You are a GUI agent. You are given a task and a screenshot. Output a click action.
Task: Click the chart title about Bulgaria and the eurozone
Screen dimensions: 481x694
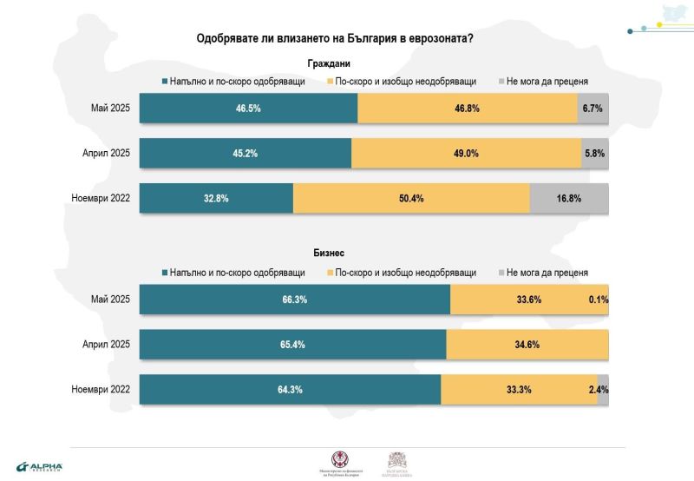(x=329, y=40)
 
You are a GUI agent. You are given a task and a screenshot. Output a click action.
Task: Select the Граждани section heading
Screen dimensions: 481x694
(x=329, y=63)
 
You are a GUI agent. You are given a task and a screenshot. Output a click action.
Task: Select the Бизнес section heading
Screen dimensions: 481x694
(x=329, y=254)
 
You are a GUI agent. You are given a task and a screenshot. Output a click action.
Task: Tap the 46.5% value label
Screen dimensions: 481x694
(x=249, y=109)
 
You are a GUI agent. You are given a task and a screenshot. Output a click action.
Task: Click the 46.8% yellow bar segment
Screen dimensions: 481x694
(x=468, y=109)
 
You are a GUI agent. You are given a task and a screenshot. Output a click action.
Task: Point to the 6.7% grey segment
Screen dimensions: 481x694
(x=593, y=109)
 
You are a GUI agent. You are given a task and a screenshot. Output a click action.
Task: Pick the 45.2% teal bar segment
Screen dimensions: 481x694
(x=246, y=153)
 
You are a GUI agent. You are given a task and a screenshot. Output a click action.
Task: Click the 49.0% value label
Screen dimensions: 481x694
(x=467, y=153)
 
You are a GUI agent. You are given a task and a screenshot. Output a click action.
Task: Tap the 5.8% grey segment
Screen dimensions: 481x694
(x=595, y=153)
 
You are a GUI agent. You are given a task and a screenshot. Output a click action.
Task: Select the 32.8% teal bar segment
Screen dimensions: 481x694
(x=216, y=198)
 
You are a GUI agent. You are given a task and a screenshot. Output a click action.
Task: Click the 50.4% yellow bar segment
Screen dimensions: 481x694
(x=411, y=198)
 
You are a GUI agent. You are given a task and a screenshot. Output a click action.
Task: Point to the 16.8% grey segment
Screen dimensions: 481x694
(x=569, y=198)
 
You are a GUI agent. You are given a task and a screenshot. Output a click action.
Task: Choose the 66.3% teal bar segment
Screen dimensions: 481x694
(x=295, y=300)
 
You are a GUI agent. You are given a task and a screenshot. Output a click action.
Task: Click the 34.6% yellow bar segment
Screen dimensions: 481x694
(x=527, y=345)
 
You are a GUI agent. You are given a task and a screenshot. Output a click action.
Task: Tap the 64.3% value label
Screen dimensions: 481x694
(x=290, y=390)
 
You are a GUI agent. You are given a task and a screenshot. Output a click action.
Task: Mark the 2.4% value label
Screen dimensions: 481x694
(x=599, y=390)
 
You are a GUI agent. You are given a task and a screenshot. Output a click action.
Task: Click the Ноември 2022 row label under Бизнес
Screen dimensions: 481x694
(x=101, y=390)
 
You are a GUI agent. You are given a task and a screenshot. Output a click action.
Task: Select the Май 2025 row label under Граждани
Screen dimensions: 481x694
(x=110, y=109)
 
